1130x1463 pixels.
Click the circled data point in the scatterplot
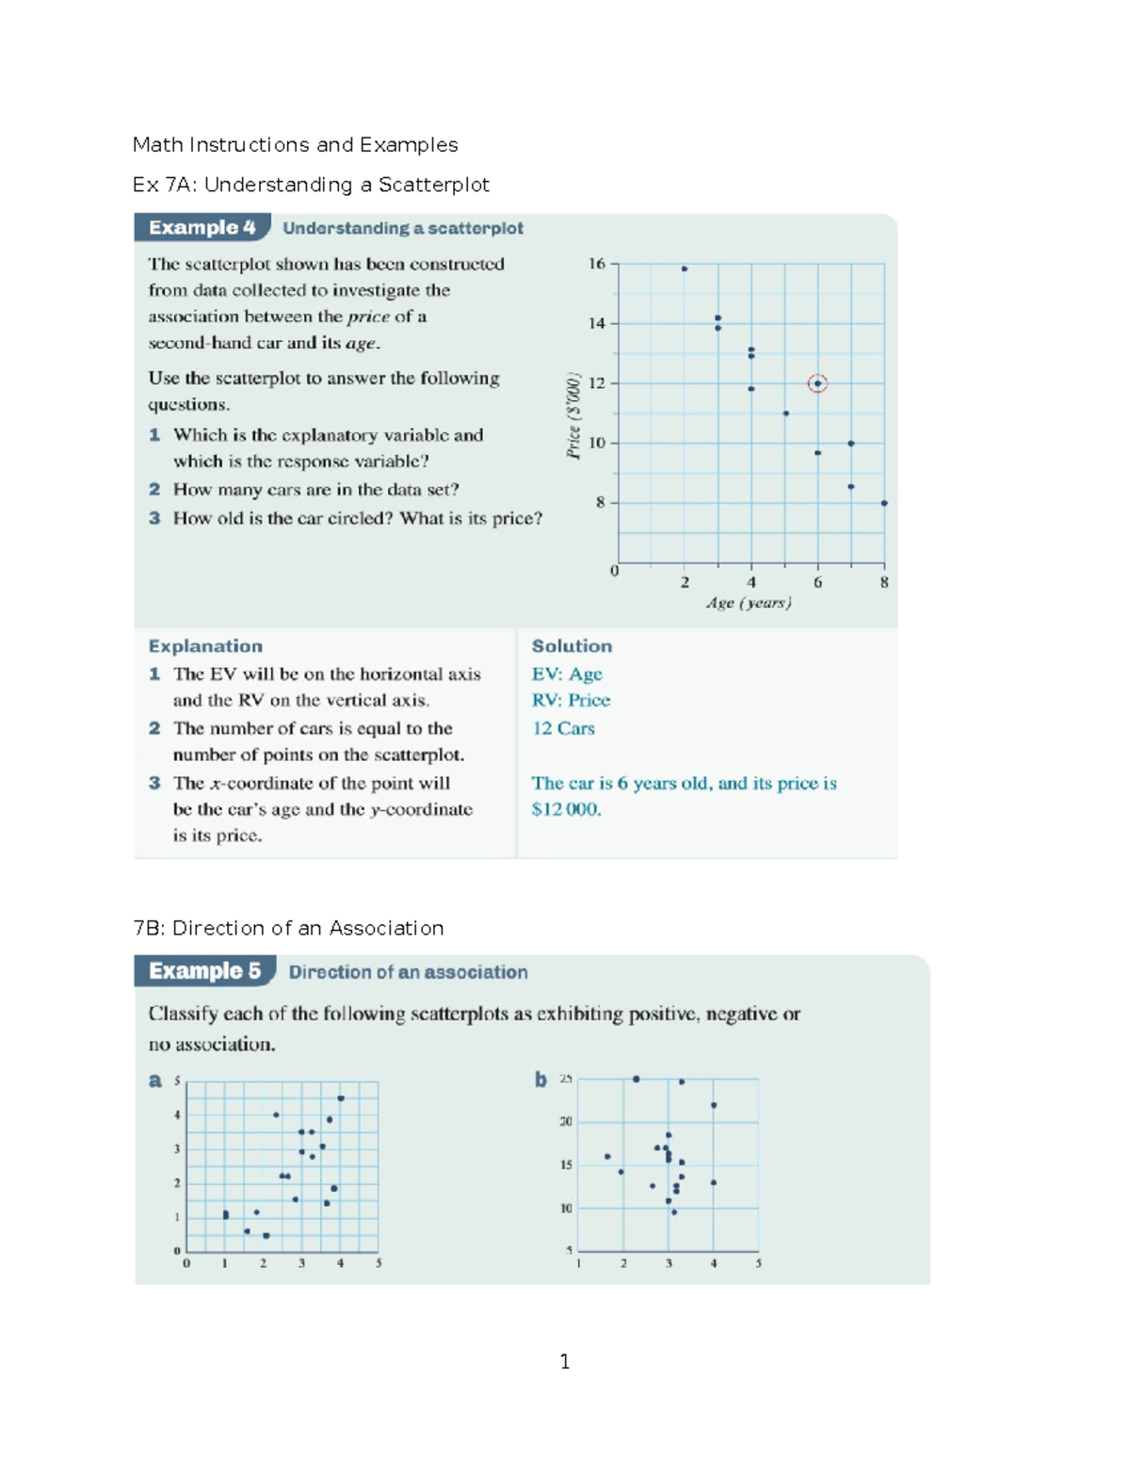(817, 383)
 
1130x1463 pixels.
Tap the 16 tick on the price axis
(596, 264)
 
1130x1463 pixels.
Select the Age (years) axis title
(749, 603)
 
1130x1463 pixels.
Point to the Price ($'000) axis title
(573, 415)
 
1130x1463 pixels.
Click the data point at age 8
(884, 503)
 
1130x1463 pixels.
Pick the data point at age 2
(685, 269)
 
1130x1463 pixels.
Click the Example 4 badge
(202, 228)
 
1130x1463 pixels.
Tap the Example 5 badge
(204, 971)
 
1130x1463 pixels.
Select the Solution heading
(572, 646)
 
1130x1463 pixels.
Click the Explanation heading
(205, 646)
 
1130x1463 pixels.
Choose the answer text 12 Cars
(563, 728)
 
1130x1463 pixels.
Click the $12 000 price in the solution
(566, 809)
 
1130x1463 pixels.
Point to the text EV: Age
(567, 675)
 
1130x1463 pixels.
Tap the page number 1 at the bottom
(564, 1361)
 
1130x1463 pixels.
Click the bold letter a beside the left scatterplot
(155, 1081)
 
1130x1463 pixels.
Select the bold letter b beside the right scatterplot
(541, 1080)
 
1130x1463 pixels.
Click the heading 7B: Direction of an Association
(288, 928)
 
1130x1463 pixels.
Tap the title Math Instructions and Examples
(295, 145)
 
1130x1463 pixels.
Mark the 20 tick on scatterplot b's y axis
(566, 1122)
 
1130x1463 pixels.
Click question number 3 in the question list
(154, 518)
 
